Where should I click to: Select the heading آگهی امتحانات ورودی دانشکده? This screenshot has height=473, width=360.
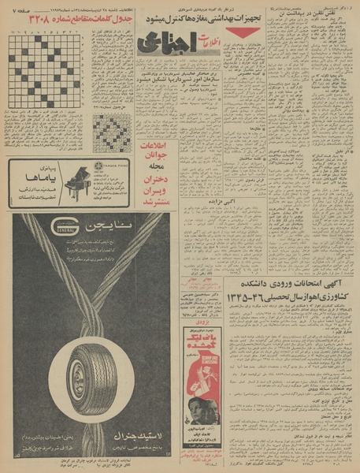tap(288, 285)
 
